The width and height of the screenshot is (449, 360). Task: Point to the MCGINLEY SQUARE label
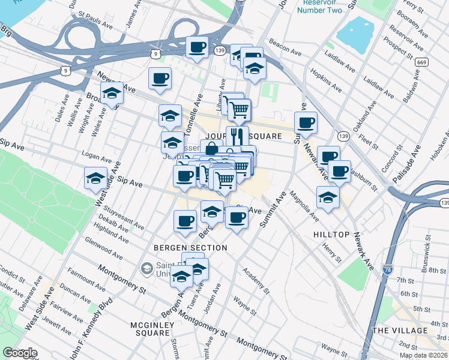[x=152, y=329]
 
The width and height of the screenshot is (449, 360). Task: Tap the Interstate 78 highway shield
[x=387, y=270]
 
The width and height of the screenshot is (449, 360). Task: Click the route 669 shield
[x=422, y=62]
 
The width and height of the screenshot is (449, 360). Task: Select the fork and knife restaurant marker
[x=237, y=136]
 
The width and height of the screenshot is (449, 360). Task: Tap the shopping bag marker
[x=211, y=148]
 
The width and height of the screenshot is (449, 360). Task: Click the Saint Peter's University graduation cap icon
[x=146, y=268]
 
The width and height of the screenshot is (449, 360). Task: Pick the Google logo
[x=20, y=353]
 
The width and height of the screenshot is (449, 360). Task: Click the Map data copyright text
[x=423, y=355]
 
